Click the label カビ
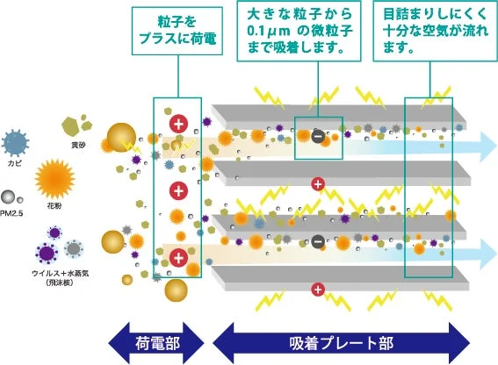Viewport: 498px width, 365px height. [x=15, y=163]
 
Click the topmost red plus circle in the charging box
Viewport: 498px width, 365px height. [x=178, y=123]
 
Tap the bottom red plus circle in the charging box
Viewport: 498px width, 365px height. [x=178, y=257]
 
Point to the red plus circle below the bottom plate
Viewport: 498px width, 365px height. [x=318, y=290]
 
